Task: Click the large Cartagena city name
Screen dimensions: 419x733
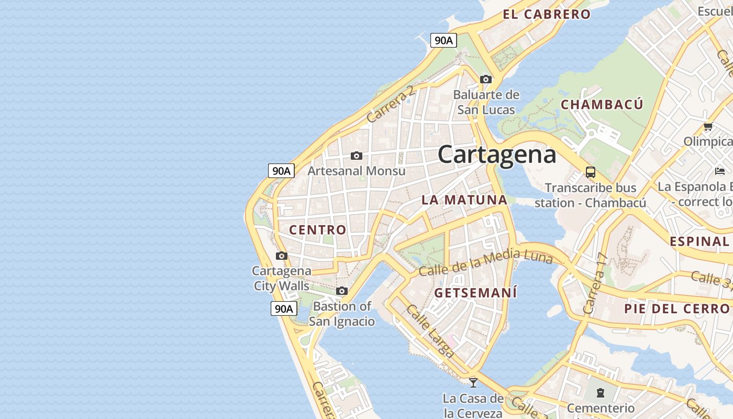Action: [x=496, y=155]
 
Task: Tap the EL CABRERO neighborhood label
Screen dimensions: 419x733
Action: [x=547, y=15]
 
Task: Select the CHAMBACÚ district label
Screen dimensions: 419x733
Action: [x=602, y=105]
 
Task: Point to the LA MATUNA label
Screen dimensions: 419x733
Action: [x=464, y=200]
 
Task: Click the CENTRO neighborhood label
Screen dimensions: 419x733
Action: [x=317, y=230]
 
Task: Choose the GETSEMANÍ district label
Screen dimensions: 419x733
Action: [x=475, y=293]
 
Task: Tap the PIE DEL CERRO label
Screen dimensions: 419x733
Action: [x=676, y=309]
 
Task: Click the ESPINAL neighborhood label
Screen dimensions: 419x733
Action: [x=699, y=241]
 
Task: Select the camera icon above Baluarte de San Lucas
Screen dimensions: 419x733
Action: [x=486, y=80]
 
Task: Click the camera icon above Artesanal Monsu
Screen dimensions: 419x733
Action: [x=357, y=156]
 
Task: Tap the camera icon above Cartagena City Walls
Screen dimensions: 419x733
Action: [x=282, y=256]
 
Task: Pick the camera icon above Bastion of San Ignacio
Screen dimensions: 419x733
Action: [x=342, y=291]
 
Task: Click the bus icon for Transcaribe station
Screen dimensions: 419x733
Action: [x=591, y=172]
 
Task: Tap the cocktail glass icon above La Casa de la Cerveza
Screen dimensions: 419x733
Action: [x=473, y=382]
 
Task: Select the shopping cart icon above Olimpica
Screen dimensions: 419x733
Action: [x=708, y=126]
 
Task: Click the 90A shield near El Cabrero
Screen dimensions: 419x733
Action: [x=443, y=40]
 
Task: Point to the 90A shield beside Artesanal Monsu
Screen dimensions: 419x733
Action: [x=281, y=171]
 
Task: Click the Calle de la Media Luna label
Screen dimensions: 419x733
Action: [x=485, y=263]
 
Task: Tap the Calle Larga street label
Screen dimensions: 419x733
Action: [x=429, y=332]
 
